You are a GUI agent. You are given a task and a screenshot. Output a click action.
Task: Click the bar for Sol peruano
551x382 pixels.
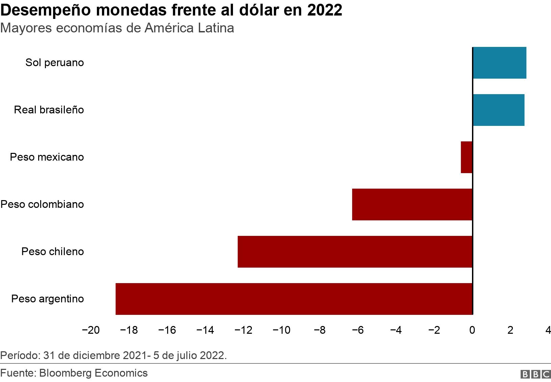[x=499, y=63]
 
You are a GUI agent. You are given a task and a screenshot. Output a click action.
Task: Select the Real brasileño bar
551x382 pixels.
[x=498, y=110]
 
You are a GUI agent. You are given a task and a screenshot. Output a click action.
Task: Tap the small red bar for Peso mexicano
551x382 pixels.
[x=467, y=157]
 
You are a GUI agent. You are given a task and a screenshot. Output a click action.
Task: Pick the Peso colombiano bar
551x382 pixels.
[x=412, y=204]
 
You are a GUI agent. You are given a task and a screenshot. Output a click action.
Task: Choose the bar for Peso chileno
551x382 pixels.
[x=355, y=252]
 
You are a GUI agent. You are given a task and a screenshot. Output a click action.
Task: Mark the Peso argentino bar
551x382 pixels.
[x=294, y=299]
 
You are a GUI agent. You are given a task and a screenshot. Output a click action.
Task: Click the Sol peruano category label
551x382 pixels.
[x=55, y=63]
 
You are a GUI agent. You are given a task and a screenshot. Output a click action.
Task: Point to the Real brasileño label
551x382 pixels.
[x=49, y=110]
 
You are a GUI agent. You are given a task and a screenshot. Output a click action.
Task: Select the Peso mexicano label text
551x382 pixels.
[x=47, y=157]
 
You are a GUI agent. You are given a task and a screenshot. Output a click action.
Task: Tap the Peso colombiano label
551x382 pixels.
[x=42, y=204]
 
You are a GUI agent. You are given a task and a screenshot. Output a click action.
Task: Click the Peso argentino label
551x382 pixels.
[x=48, y=299]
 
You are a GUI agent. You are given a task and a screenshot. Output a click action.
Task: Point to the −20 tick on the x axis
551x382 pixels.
[x=91, y=330]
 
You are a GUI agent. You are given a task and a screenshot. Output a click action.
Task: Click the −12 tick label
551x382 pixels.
[x=243, y=330]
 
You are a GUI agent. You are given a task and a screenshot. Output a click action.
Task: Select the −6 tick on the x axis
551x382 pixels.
[x=358, y=330]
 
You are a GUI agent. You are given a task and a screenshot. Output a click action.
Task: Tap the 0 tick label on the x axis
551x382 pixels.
[x=472, y=330]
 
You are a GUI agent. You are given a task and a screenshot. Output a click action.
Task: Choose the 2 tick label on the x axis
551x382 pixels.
[x=510, y=330]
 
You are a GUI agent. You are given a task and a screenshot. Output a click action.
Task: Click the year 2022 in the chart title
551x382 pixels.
[x=325, y=10]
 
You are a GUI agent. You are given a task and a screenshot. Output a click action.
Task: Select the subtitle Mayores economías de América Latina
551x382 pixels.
[x=117, y=28]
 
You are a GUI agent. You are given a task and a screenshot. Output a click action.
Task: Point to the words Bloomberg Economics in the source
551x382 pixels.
[x=94, y=373]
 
